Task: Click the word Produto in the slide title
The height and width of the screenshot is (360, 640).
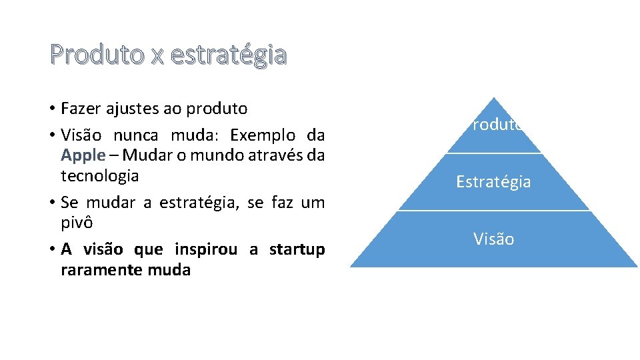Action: pyautogui.click(x=97, y=55)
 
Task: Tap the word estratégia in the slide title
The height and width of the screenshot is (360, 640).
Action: pyautogui.click(x=229, y=55)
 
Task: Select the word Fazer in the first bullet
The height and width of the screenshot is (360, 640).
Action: pyautogui.click(x=78, y=108)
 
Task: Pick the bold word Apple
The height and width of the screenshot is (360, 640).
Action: pyautogui.click(x=83, y=156)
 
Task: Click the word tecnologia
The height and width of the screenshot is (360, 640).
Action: pyautogui.click(x=100, y=176)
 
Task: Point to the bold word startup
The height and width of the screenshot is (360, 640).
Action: pyautogui.click(x=297, y=250)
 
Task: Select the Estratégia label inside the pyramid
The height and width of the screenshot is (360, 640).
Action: pyautogui.click(x=493, y=181)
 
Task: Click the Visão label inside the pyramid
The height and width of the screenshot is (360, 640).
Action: pyautogui.click(x=493, y=239)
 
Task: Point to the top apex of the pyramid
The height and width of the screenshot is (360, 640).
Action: pyautogui.click(x=493, y=99)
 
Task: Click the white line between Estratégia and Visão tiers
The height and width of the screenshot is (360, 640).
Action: pyautogui.click(x=493, y=211)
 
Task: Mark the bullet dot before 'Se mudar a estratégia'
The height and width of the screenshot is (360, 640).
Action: pyautogui.click(x=51, y=203)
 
